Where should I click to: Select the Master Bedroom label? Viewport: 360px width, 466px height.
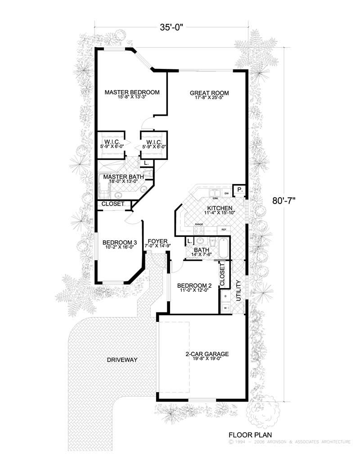pyautogui.click(x=132, y=92)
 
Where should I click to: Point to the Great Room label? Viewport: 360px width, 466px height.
pyautogui.click(x=209, y=93)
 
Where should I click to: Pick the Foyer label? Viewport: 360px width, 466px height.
pyautogui.click(x=154, y=241)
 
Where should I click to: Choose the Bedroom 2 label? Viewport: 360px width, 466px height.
pyautogui.click(x=194, y=285)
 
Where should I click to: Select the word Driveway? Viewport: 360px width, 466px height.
pyautogui.click(x=122, y=360)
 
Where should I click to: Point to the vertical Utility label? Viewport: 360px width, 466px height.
pyautogui.click(x=238, y=291)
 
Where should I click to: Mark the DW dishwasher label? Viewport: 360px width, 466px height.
pyautogui.click(x=226, y=193)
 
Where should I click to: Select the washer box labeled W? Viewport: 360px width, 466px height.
pyautogui.click(x=225, y=308)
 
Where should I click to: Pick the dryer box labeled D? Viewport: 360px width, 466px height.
pyautogui.click(x=225, y=296)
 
